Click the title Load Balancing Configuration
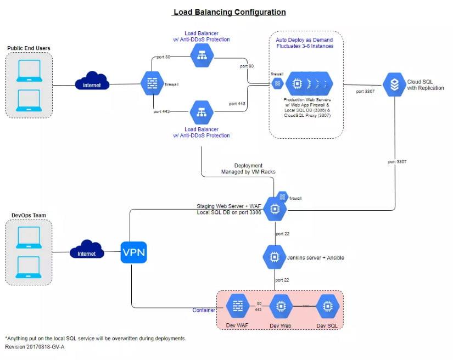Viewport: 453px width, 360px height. click(230, 12)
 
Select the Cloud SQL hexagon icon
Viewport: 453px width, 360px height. click(394, 85)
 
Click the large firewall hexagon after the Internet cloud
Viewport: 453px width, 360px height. click(151, 83)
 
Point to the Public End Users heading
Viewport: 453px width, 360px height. click(29, 48)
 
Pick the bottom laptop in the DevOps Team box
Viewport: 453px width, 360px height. click(29, 267)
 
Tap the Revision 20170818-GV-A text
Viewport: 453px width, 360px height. click(35, 347)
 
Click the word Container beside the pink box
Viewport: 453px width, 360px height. click(204, 311)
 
